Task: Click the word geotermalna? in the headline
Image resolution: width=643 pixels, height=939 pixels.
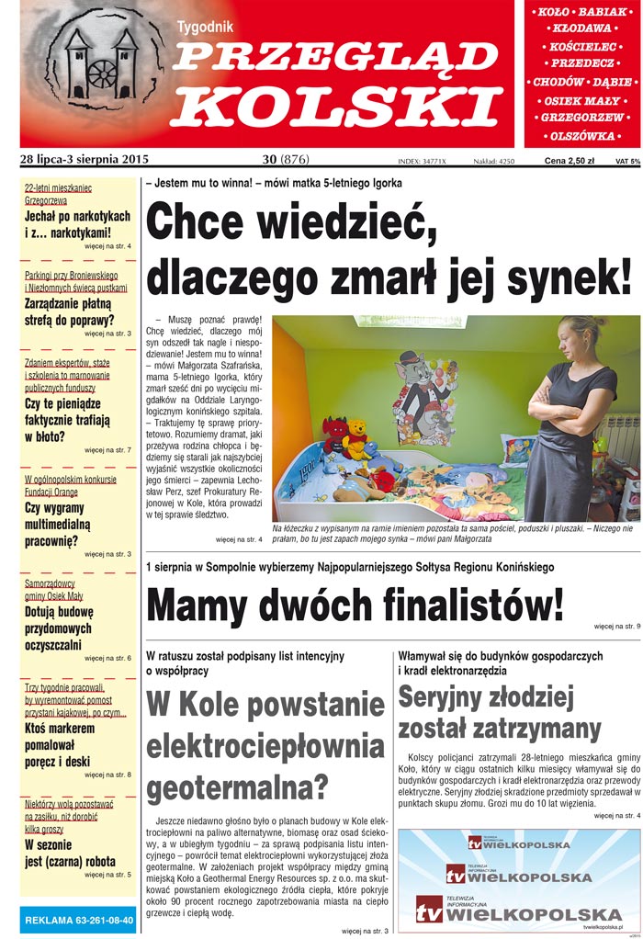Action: click(x=238, y=786)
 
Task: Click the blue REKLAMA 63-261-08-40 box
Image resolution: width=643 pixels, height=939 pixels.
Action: click(x=78, y=920)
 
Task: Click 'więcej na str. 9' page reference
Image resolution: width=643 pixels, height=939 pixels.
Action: click(x=616, y=627)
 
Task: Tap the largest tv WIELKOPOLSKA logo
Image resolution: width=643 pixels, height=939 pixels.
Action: click(x=519, y=913)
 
